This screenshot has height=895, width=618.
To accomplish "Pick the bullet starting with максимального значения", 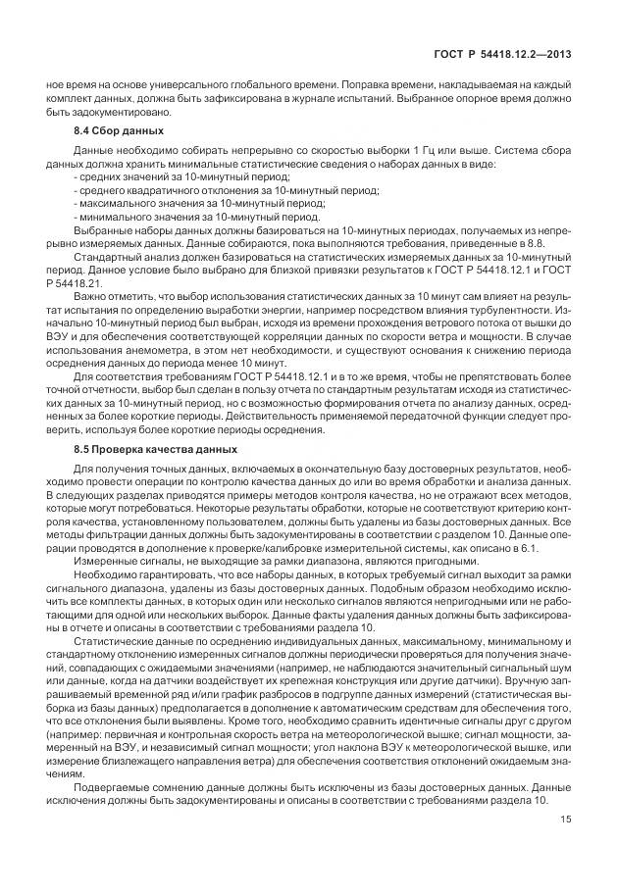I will pyautogui.click(x=157, y=202).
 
